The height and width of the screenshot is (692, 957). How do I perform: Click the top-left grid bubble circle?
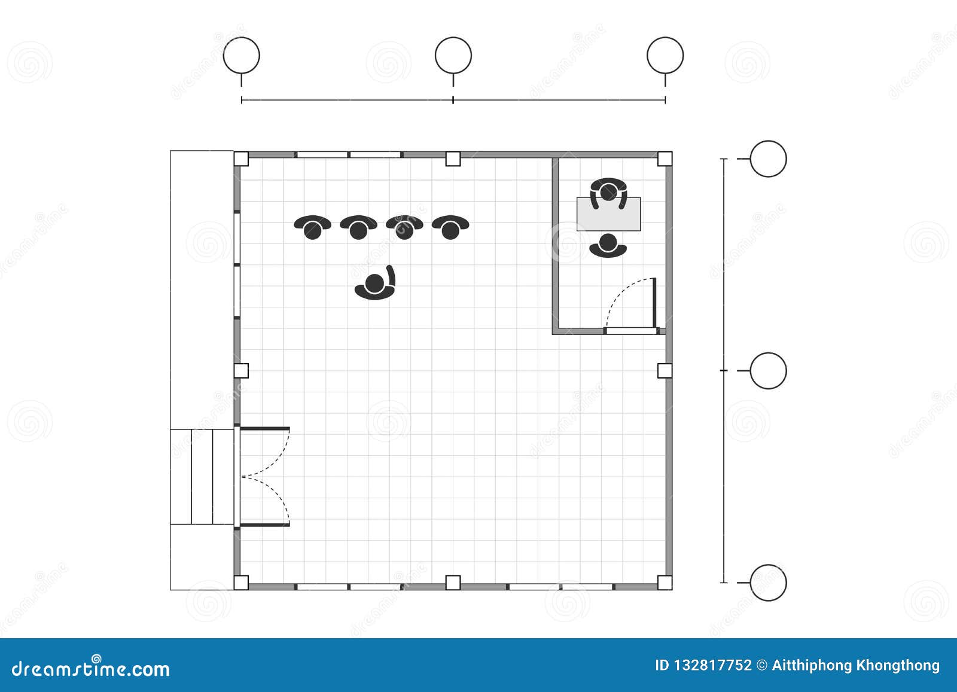pos(241,56)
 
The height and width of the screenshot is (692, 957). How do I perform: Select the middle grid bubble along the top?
pos(453,56)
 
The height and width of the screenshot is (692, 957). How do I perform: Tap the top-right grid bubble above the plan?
pos(665,56)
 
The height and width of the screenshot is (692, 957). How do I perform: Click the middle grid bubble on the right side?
pos(768,371)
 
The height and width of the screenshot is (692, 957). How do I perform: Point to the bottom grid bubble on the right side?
pos(768,582)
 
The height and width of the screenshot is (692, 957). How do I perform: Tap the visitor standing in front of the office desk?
pos(608,246)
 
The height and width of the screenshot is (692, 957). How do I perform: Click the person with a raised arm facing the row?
pos(376,285)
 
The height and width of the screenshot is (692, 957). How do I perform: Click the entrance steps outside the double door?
pos(202,476)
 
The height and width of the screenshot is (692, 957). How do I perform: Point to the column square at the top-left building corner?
pos(240,158)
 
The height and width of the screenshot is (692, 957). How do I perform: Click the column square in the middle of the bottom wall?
pos(453,582)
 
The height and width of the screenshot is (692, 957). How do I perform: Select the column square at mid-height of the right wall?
pos(665,371)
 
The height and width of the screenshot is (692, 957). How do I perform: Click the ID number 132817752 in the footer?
pos(703,666)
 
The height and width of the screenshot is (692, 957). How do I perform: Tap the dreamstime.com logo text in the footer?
pos(91,668)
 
